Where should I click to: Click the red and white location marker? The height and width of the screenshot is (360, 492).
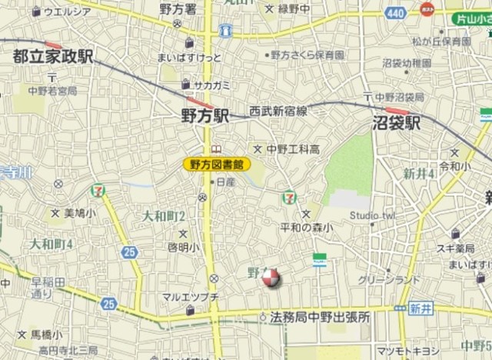click(x=270, y=278)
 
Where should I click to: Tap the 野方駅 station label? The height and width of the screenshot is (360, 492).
click(x=205, y=116)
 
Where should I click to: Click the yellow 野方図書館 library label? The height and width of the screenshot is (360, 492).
click(x=217, y=163)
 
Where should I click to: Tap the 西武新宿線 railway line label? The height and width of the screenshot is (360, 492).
click(x=278, y=111)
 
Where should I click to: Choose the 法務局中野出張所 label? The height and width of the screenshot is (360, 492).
click(x=320, y=317)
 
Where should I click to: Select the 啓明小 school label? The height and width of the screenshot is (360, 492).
click(x=183, y=247)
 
